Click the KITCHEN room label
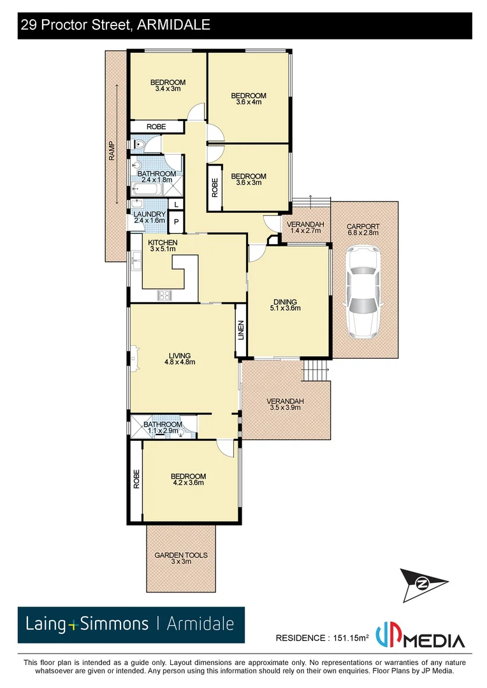coord(163,243)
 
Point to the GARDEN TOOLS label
coord(181,555)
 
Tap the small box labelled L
coord(176,204)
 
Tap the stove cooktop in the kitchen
coord(164,295)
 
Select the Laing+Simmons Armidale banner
coord(131,624)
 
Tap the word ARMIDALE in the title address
coord(174,25)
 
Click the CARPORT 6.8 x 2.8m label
coord(363,229)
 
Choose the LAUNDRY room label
coord(149,215)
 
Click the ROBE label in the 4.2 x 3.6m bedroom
coord(136,479)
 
